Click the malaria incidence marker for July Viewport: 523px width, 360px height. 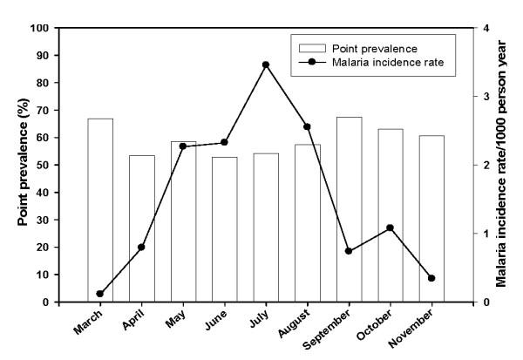(266, 65)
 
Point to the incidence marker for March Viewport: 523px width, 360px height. (100, 294)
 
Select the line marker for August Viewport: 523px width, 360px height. (307, 126)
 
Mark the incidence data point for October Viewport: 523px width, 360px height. (390, 228)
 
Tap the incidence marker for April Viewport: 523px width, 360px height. (141, 247)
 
